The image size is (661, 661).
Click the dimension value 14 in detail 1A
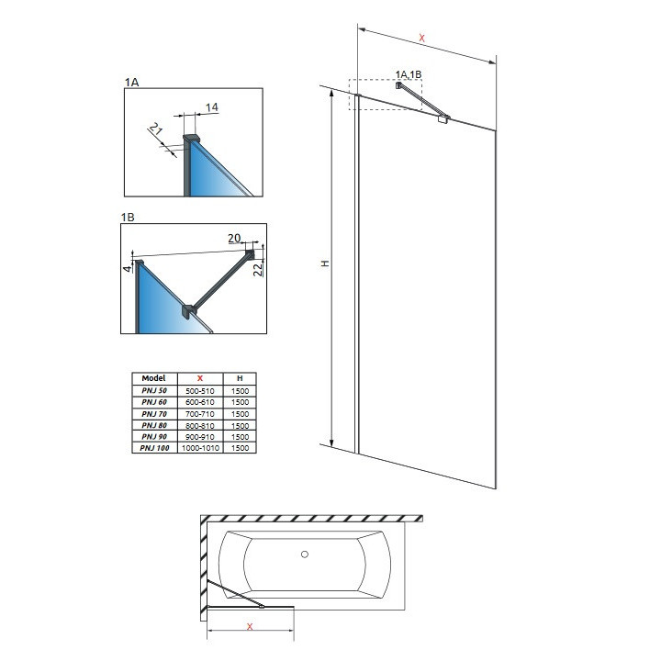tap(212, 107)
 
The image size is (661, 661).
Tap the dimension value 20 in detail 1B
tap(235, 238)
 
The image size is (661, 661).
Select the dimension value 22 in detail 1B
tap(259, 268)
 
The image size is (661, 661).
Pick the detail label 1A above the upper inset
tap(130, 83)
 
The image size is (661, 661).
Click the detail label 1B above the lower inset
tap(129, 217)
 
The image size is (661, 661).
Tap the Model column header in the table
tap(152, 378)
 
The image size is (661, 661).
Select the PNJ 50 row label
tap(152, 391)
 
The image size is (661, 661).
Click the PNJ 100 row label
tap(152, 447)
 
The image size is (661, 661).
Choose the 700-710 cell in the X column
tap(201, 413)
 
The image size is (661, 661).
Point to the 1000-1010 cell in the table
tap(201, 447)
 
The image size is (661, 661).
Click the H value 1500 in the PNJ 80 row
tap(240, 425)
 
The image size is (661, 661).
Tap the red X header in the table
tap(201, 378)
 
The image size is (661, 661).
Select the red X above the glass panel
tap(421, 38)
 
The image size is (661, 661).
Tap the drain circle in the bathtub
tap(306, 555)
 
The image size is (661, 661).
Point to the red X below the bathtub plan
tap(250, 626)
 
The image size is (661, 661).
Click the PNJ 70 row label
tap(152, 413)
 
